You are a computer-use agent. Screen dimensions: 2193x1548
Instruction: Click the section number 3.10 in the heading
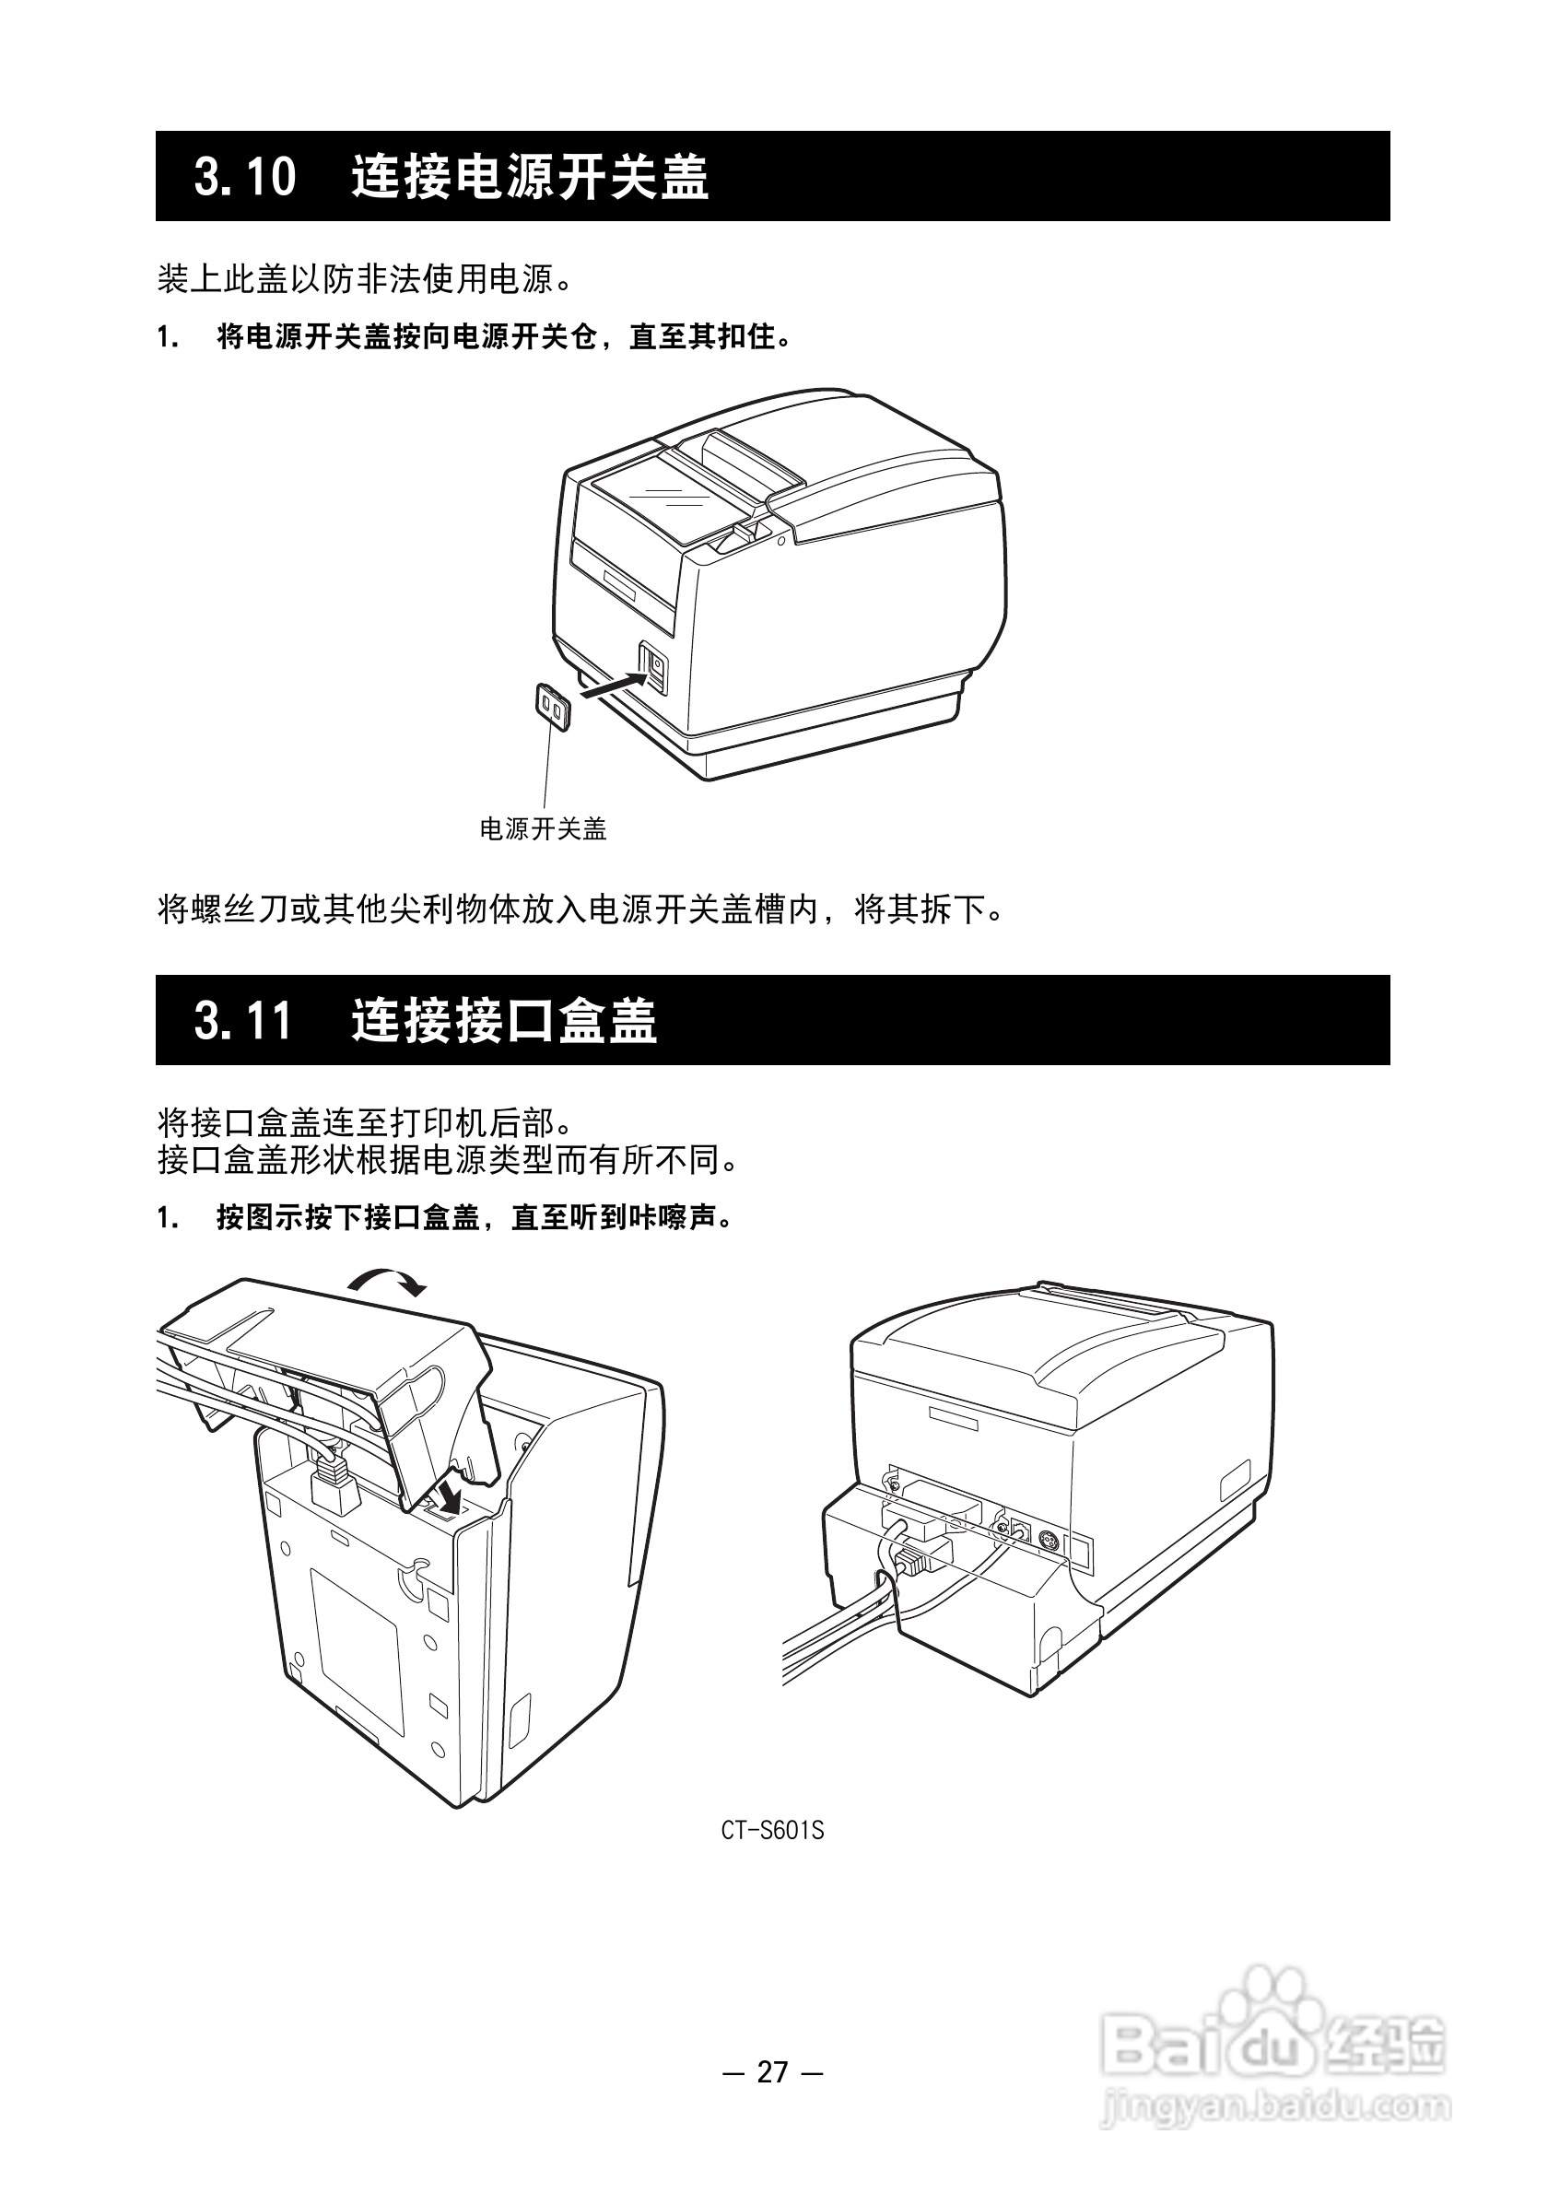point(245,178)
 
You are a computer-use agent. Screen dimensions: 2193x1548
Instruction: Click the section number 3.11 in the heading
point(243,1021)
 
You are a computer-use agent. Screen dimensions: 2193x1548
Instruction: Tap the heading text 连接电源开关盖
point(529,178)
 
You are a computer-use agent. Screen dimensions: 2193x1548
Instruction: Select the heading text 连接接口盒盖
point(503,1021)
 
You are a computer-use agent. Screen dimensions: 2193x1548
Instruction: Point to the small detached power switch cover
point(553,708)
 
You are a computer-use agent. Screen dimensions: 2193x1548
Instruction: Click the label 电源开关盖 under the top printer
point(543,829)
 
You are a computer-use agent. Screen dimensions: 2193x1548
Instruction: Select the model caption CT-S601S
point(771,1831)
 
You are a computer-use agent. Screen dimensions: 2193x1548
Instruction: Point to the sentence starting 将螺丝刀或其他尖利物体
point(581,909)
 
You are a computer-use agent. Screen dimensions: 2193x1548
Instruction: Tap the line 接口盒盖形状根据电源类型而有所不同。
point(449,1159)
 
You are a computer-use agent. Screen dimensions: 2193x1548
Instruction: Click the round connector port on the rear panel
point(1048,1540)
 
